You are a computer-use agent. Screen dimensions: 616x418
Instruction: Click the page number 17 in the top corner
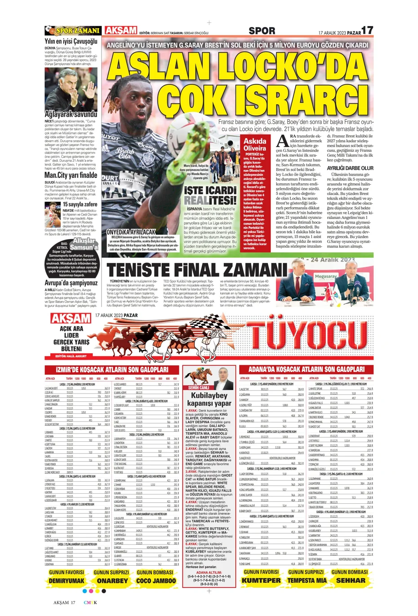pyautogui.click(x=367, y=30)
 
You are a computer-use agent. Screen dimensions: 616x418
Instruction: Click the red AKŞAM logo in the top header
pyautogui.click(x=120, y=31)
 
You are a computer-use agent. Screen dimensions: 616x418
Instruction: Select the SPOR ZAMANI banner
pyautogui.click(x=72, y=31)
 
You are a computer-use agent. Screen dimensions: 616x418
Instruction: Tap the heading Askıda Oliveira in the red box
pyautogui.click(x=255, y=144)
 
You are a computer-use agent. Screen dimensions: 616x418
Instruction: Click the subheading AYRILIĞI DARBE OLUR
pyautogui.click(x=350, y=168)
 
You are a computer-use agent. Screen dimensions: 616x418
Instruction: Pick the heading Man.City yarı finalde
pyautogui.click(x=71, y=175)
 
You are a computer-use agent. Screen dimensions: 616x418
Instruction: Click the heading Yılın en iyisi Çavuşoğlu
pyautogui.click(x=71, y=41)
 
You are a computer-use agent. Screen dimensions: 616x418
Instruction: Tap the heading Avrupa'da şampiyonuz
pyautogui.click(x=71, y=283)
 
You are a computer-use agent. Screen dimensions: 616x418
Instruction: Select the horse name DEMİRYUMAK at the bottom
pyautogui.click(x=67, y=581)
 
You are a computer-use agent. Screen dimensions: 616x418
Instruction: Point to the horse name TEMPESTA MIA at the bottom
pyautogui.click(x=307, y=580)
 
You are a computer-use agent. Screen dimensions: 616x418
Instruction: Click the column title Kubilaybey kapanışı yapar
pyautogui.click(x=209, y=399)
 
